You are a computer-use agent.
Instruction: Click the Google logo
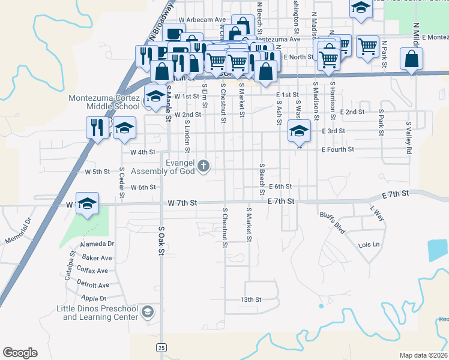pyautogui.click(x=20, y=353)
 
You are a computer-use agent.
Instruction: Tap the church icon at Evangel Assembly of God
pyautogui.click(x=204, y=166)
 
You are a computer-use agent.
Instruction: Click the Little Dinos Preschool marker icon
pyautogui.click(x=147, y=312)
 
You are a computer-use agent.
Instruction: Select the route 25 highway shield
pyautogui.click(x=161, y=347)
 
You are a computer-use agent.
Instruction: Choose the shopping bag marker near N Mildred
pyautogui.click(x=412, y=59)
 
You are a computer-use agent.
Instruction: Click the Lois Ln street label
pyautogui.click(x=369, y=245)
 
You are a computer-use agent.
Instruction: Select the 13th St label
pyautogui.click(x=251, y=299)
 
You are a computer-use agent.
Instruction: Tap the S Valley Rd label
pyautogui.click(x=409, y=139)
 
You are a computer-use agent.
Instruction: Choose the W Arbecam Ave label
pyautogui.click(x=202, y=20)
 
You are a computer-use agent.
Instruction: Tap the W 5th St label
pyautogui.click(x=97, y=172)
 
